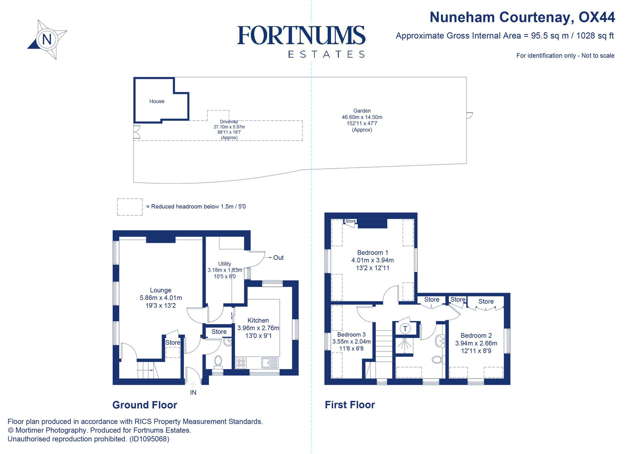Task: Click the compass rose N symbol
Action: pos(47,40)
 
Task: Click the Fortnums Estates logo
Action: pos(301,41)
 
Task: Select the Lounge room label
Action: pos(160,290)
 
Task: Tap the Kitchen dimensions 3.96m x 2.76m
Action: pos(258,328)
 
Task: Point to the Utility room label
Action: pos(225,264)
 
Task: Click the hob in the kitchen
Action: pos(241,363)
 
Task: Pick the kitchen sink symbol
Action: pos(270,363)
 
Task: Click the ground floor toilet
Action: pos(218,361)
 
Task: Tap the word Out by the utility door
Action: pos(278,258)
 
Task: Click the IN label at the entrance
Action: pos(193,393)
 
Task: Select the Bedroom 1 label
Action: pos(372,253)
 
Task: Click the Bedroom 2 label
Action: pos(476,336)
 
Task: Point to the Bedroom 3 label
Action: pos(351,335)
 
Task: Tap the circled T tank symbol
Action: pos(405,329)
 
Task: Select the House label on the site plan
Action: pos(157,101)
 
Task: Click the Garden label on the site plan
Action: pos(362,111)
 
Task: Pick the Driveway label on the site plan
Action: pos(229,122)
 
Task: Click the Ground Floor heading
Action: pos(145,405)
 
